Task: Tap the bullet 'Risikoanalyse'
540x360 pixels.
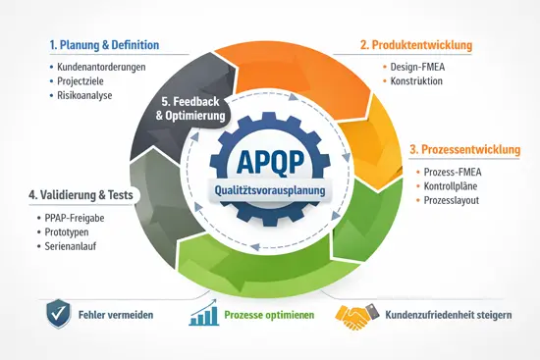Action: (87, 96)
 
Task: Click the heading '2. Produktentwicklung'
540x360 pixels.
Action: (416, 45)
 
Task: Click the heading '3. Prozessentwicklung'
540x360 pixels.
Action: (464, 150)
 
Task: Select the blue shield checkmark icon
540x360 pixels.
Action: (59, 314)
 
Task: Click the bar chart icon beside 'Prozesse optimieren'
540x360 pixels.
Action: (205, 314)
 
